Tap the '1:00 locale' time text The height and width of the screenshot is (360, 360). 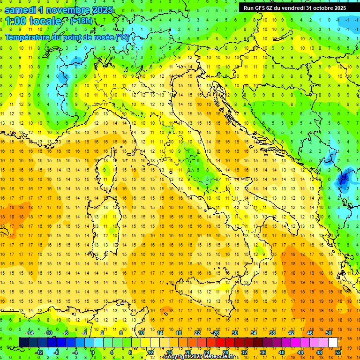[x=33, y=22]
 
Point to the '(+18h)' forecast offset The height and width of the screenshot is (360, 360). [x=81, y=21]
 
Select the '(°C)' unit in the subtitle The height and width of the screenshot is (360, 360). [x=122, y=37]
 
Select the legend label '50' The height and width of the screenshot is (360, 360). [x=329, y=333]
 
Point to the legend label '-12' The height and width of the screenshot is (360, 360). [x=39, y=352]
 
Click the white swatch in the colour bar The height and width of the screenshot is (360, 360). [x=333, y=342]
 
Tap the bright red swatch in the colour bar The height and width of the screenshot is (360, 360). [x=220, y=342]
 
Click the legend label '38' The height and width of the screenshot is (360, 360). [x=272, y=333]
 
